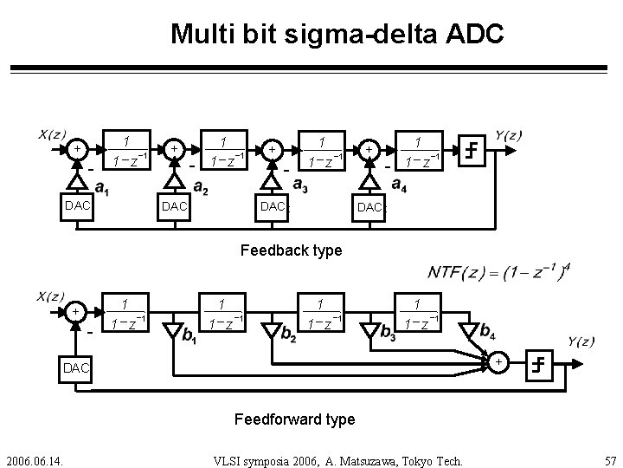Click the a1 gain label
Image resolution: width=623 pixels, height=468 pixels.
(x=102, y=187)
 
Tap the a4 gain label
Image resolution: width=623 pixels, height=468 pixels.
(x=401, y=185)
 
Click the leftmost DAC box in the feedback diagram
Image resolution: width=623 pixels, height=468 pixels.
(x=76, y=206)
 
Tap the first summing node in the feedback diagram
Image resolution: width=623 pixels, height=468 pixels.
(x=79, y=150)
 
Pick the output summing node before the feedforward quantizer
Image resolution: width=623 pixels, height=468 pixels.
(x=498, y=361)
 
